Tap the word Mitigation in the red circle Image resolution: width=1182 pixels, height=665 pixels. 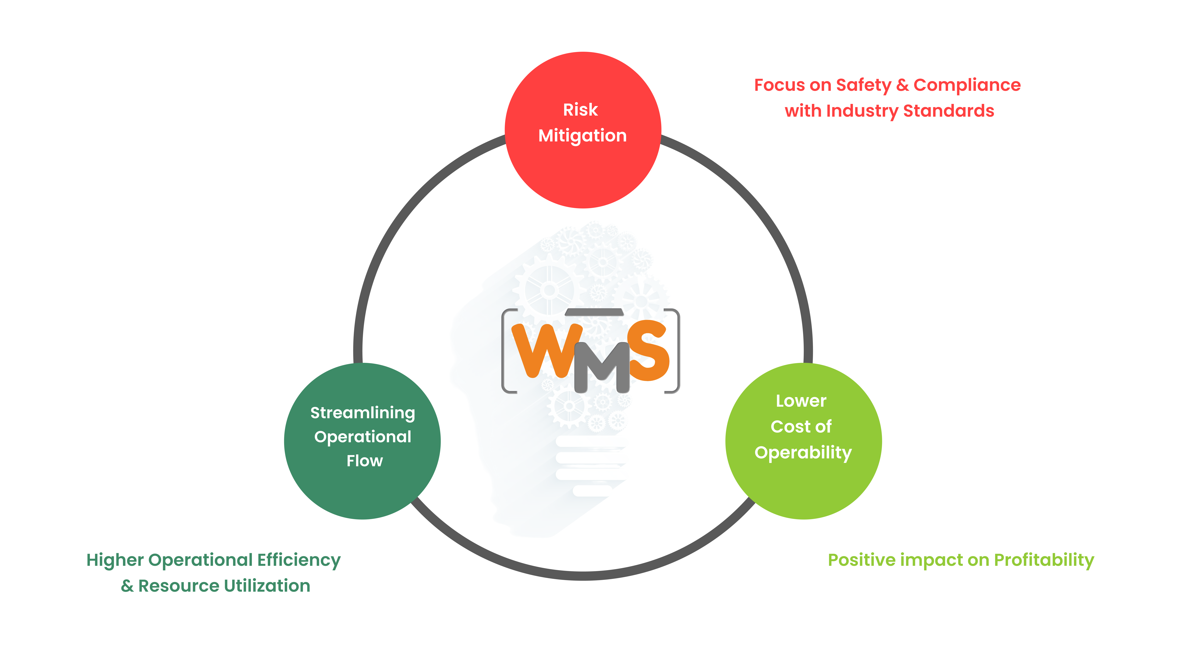582,136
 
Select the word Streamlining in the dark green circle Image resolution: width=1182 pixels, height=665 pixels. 362,413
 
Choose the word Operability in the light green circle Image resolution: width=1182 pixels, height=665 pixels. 803,453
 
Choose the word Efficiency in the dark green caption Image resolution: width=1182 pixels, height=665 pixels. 299,560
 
